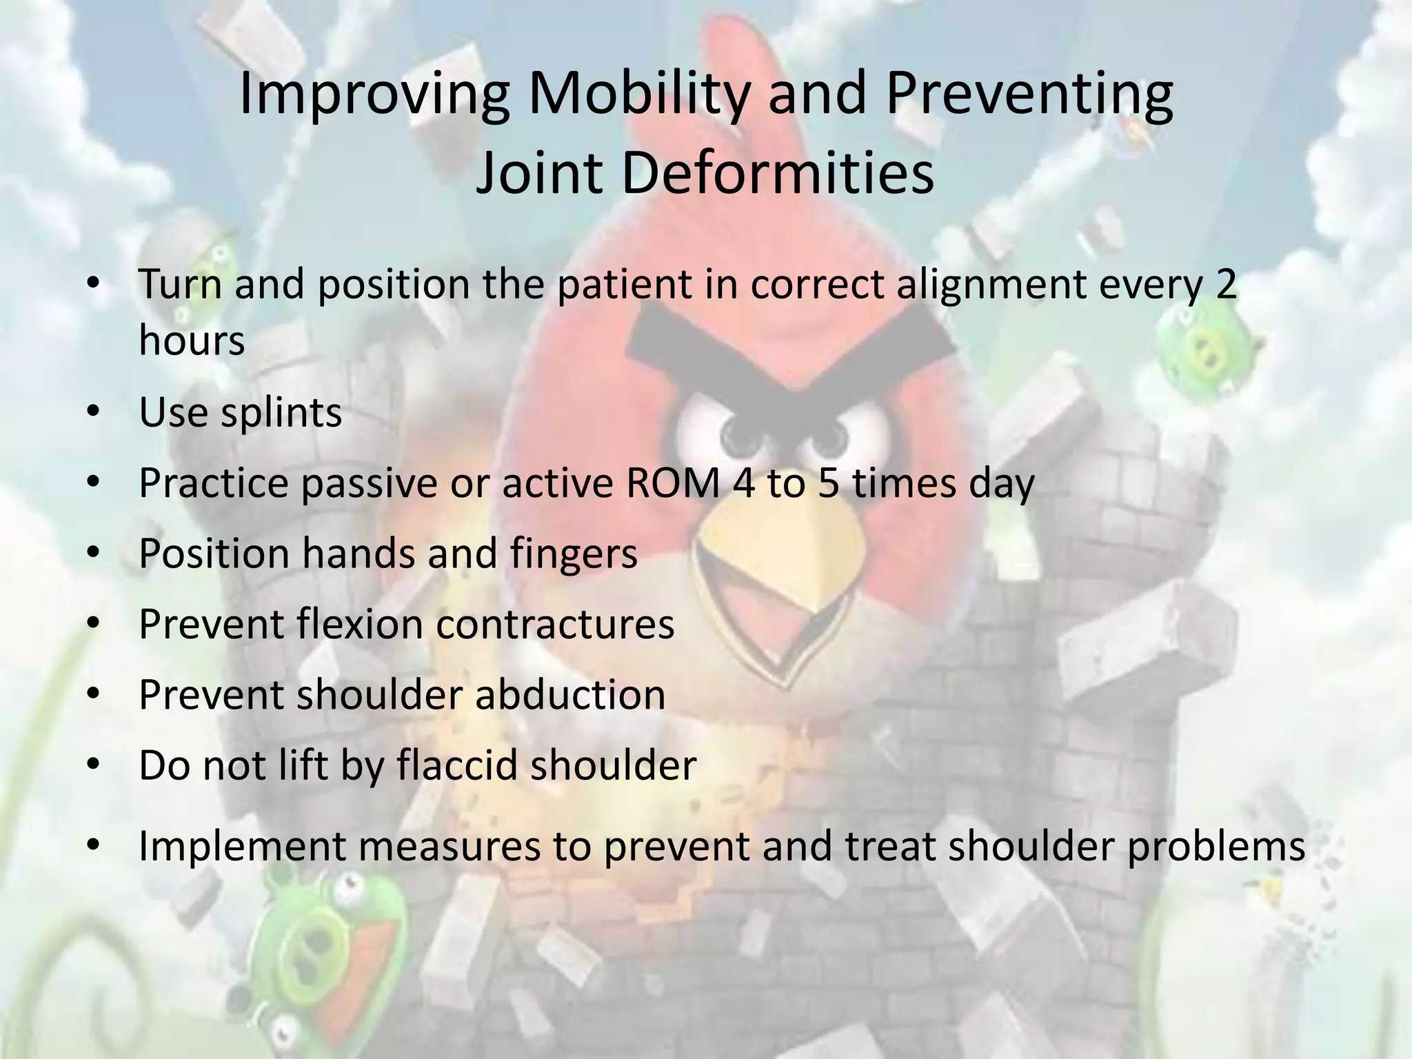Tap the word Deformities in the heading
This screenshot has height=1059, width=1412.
[x=777, y=172]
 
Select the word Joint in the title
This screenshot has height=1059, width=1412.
[x=537, y=172]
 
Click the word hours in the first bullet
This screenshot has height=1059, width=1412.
[x=192, y=340]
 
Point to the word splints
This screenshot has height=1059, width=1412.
[x=281, y=412]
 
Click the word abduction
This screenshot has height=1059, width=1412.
[x=570, y=694]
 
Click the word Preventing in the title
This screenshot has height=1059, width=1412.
[x=1029, y=94]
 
